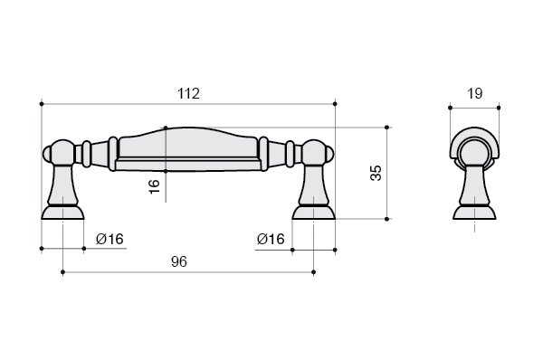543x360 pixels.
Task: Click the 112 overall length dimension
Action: (x=189, y=93)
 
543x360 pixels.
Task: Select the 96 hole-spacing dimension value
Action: (x=179, y=261)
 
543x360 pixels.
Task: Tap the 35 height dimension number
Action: (x=376, y=173)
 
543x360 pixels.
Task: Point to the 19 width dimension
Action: (x=475, y=93)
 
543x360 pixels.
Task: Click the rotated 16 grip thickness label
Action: (x=155, y=186)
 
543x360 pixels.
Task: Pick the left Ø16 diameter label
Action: (x=110, y=239)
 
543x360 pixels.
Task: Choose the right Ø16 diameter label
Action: (x=271, y=239)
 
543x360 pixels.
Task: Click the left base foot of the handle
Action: (x=62, y=213)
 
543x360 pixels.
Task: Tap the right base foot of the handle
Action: (x=313, y=213)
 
